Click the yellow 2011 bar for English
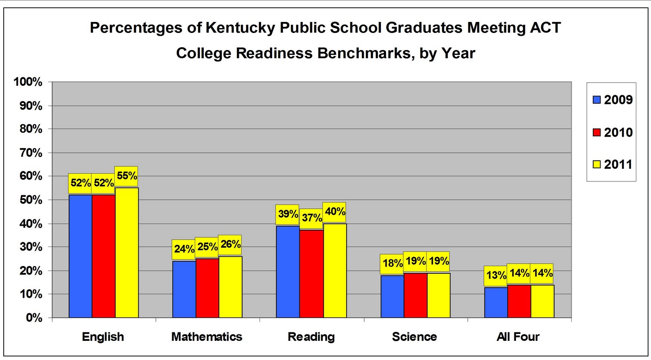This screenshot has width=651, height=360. tap(127, 252)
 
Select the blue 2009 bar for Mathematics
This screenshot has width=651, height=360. tap(184, 289)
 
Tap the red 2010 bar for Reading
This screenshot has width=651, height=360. tap(311, 273)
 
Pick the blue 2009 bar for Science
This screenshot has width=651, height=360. tap(392, 296)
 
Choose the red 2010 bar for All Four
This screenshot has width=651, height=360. tap(519, 301)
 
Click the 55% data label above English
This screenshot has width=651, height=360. tap(127, 176)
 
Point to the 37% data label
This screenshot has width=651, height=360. tap(312, 218)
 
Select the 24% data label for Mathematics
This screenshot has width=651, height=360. tap(184, 249)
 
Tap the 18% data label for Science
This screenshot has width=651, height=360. tap(392, 263)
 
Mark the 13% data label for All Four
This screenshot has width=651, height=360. tap(496, 275)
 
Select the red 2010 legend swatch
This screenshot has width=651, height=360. tap(597, 132)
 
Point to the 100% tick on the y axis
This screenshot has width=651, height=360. tap(28, 82)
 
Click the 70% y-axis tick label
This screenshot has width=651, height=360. tap(31, 153)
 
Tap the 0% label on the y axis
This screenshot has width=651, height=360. tap(34, 318)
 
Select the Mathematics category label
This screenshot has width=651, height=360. tap(207, 337)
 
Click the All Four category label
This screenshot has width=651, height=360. tap(518, 337)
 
